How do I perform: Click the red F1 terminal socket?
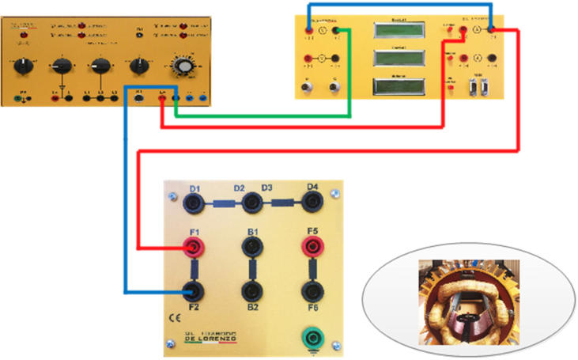tap(191, 249)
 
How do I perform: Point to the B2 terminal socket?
tap(252, 291)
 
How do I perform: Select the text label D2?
tap(239, 188)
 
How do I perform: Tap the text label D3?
tap(266, 188)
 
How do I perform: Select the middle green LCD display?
tap(397, 59)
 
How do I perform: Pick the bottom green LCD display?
tap(397, 85)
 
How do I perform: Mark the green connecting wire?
tap(261, 117)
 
